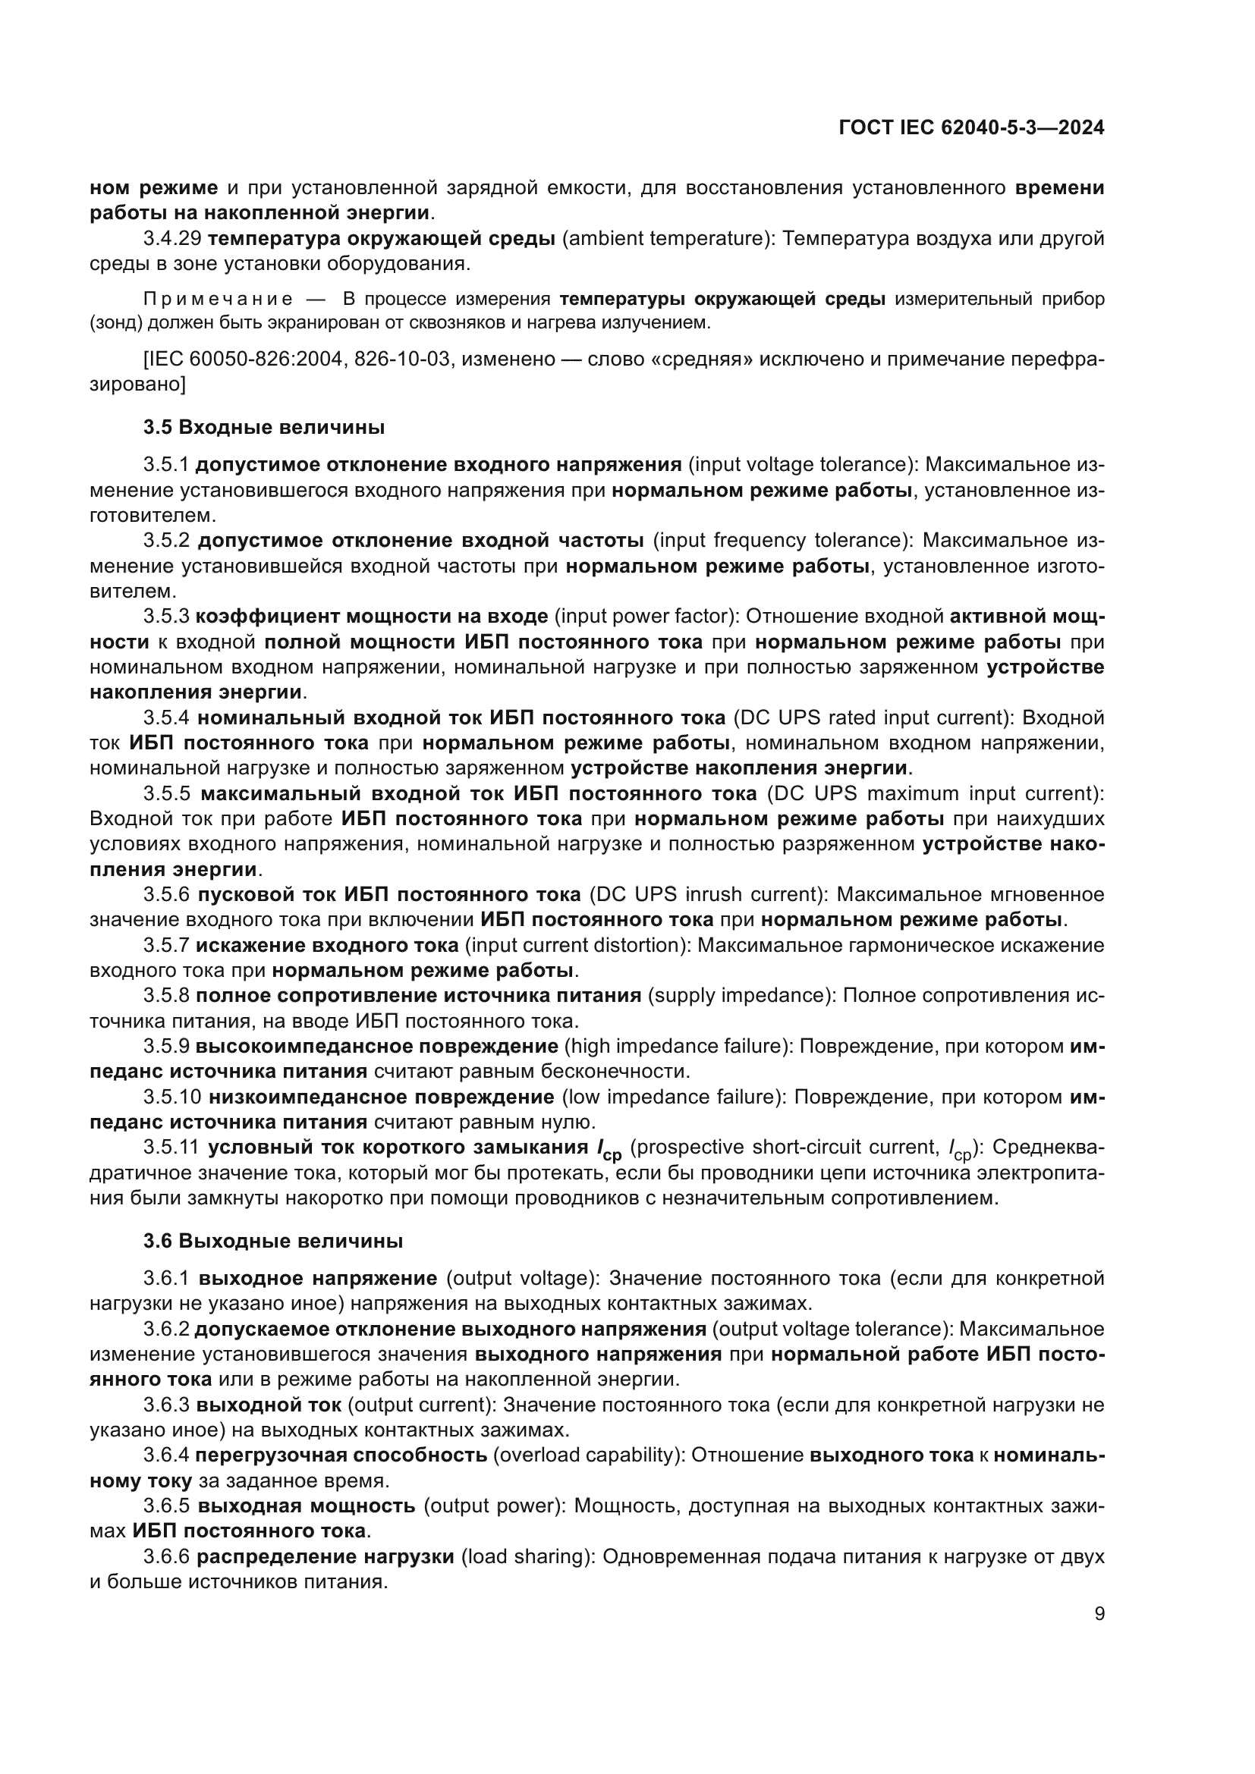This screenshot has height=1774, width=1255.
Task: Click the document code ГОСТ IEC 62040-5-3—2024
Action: point(971,127)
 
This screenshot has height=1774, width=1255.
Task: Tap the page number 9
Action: point(1099,1615)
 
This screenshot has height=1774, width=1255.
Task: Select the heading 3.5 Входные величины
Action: point(263,427)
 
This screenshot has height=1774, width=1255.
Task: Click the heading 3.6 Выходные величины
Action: point(273,1242)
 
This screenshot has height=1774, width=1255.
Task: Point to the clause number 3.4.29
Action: point(171,239)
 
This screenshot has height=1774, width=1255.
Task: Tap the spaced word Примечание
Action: point(218,299)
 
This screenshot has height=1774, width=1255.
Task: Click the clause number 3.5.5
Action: point(166,793)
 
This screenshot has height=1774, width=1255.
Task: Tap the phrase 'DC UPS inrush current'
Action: point(704,895)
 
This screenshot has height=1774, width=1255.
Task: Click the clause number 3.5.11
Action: point(171,1148)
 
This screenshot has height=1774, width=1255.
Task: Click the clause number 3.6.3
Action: point(166,1405)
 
